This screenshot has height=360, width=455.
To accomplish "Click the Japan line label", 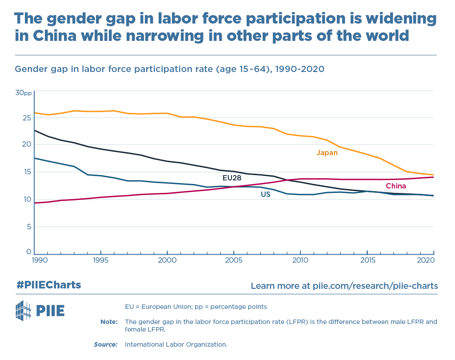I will (x=327, y=153).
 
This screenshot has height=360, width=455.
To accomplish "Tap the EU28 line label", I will (x=231, y=178).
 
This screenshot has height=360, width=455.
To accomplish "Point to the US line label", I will (x=265, y=194).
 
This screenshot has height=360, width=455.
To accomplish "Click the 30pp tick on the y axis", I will (x=23, y=93).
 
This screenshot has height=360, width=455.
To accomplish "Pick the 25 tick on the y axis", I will (x=26, y=118).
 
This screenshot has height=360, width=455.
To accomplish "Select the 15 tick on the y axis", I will (x=26, y=172).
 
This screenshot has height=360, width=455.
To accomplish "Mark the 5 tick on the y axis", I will (x=28, y=226).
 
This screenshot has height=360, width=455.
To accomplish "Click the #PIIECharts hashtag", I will (x=49, y=285).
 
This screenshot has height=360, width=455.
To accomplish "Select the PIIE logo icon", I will (x=24, y=311).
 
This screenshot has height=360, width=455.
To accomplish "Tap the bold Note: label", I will (x=109, y=321).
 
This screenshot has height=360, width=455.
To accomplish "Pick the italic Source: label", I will (x=106, y=344).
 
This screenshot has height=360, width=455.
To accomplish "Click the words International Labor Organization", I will (x=176, y=344).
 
